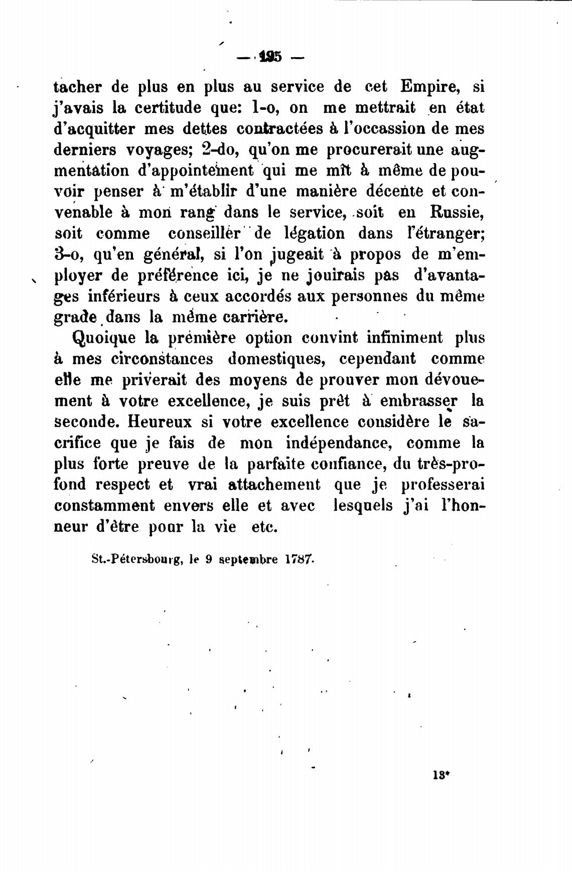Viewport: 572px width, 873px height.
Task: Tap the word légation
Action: pyautogui.click(x=308, y=234)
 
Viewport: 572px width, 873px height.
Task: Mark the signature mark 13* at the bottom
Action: pyautogui.click(x=440, y=788)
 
